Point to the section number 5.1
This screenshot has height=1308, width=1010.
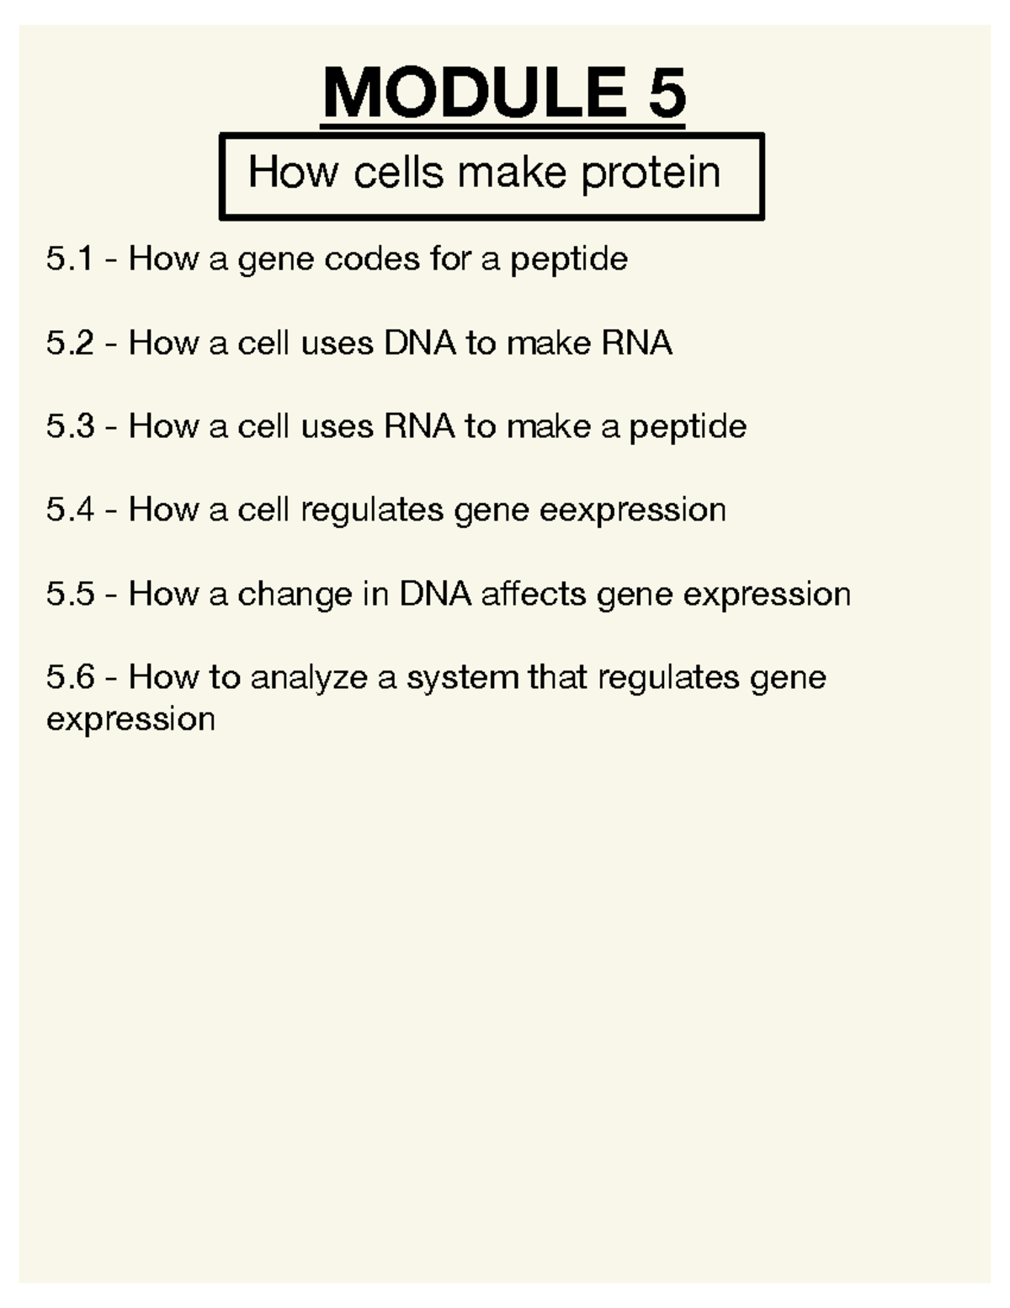click(x=70, y=259)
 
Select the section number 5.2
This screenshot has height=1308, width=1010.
click(x=70, y=343)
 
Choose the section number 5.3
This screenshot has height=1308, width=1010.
click(x=70, y=426)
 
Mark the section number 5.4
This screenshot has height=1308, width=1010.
click(x=70, y=510)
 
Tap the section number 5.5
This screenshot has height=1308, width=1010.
click(x=70, y=594)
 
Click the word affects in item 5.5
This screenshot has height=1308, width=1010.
click(x=534, y=594)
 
